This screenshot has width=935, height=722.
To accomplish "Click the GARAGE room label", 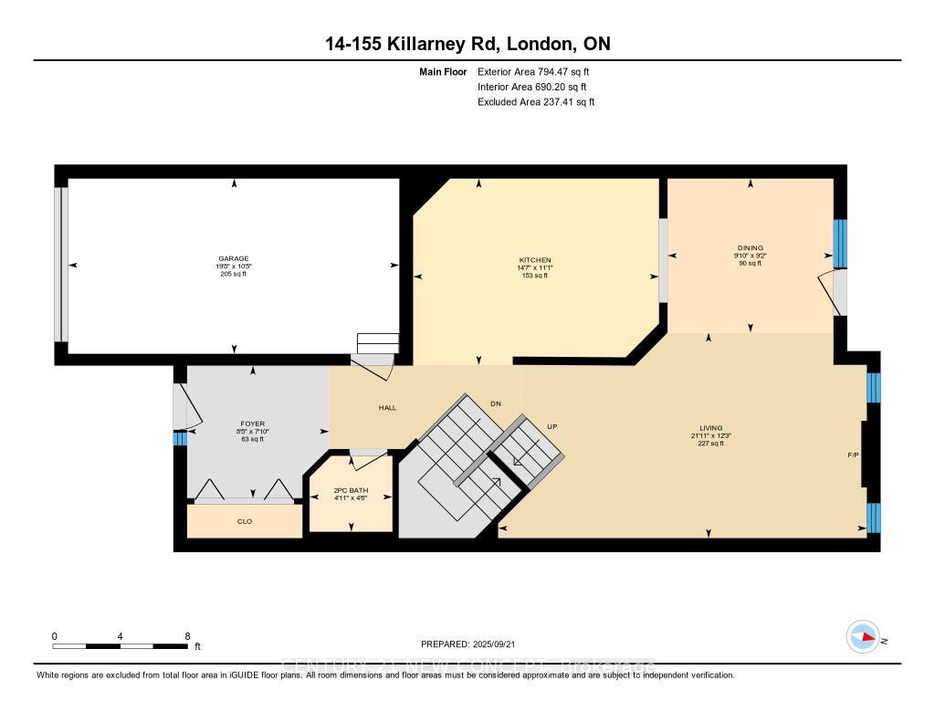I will [x=233, y=258].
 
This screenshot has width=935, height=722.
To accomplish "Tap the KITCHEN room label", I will [x=535, y=260].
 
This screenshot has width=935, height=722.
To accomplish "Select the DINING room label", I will [x=751, y=247].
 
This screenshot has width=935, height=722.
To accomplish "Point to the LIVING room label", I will [x=710, y=428].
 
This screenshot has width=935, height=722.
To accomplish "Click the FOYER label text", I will [x=252, y=424].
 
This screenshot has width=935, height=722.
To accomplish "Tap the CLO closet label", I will [x=245, y=521].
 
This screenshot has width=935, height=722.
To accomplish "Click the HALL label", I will [x=387, y=407].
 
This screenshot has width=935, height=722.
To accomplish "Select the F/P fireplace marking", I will [x=853, y=454].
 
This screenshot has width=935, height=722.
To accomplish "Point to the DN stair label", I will [x=495, y=403].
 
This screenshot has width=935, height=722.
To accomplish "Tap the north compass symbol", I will [x=863, y=636].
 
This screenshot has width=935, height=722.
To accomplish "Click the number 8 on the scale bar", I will [x=187, y=635].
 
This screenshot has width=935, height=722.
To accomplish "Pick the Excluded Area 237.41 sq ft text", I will [x=536, y=102].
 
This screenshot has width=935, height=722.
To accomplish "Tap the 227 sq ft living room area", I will [x=710, y=444].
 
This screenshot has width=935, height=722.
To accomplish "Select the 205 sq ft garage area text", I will [x=233, y=274].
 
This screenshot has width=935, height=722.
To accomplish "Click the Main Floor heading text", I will [x=444, y=71].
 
